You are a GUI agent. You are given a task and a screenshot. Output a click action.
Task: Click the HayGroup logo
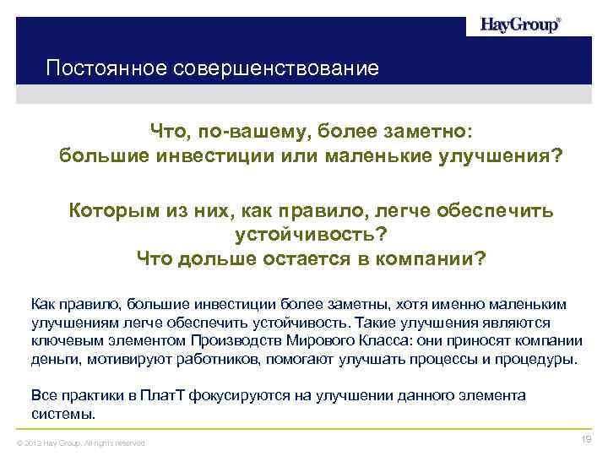pyautogui.click(x=519, y=24)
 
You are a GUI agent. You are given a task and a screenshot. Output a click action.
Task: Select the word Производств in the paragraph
pyautogui.click(x=229, y=341)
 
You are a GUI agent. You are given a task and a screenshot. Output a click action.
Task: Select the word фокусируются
pyautogui.click(x=231, y=395)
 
